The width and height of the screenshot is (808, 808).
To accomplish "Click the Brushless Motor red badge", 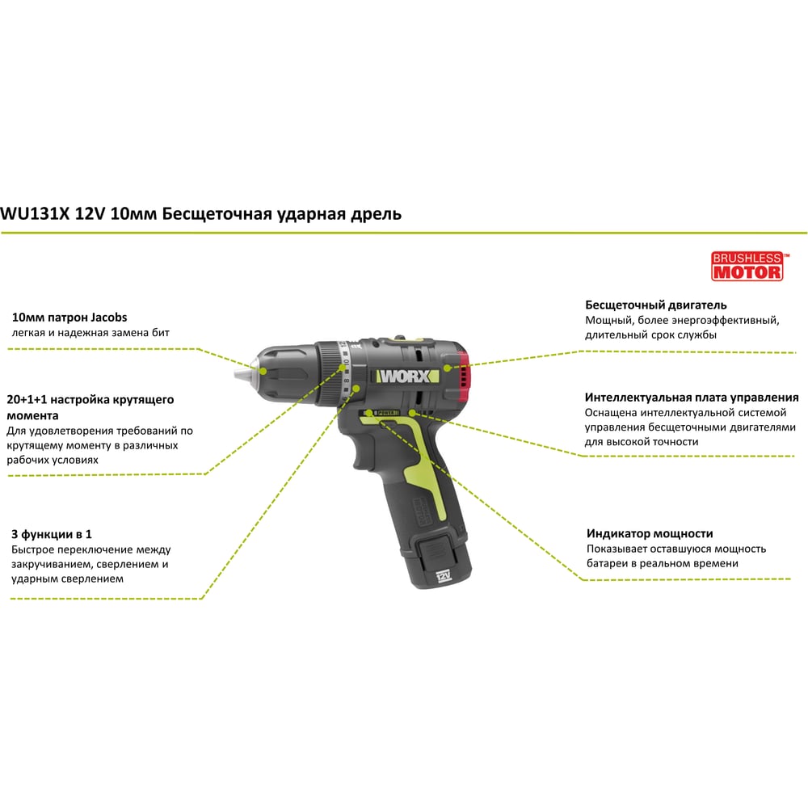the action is pyautogui.click(x=747, y=266).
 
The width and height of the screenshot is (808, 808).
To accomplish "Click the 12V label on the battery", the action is pyautogui.click(x=443, y=575).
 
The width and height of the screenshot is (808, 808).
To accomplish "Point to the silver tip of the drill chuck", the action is pyautogui.click(x=243, y=372).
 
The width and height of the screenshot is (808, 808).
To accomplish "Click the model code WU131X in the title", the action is pyautogui.click(x=35, y=213).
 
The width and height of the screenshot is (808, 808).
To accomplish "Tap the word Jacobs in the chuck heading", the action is pyautogui.click(x=109, y=318).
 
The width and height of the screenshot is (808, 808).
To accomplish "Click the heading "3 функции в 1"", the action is pyautogui.click(x=52, y=534).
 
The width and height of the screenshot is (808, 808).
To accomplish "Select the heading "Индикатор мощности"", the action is pyautogui.click(x=650, y=533).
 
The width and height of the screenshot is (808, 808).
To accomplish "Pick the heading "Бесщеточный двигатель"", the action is pyautogui.click(x=656, y=305).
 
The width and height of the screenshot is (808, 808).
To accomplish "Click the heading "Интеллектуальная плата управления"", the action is pyautogui.click(x=692, y=398).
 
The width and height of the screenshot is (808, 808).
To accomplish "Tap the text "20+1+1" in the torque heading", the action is pyautogui.click(x=27, y=399).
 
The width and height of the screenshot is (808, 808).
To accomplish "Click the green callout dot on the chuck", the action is pyautogui.click(x=263, y=371).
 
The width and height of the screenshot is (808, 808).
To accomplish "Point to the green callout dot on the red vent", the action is pyautogui.click(x=448, y=368).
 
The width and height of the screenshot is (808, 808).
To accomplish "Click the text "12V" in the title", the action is pyautogui.click(x=90, y=213).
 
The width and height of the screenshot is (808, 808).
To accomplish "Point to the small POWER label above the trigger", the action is pyautogui.click(x=386, y=413).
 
